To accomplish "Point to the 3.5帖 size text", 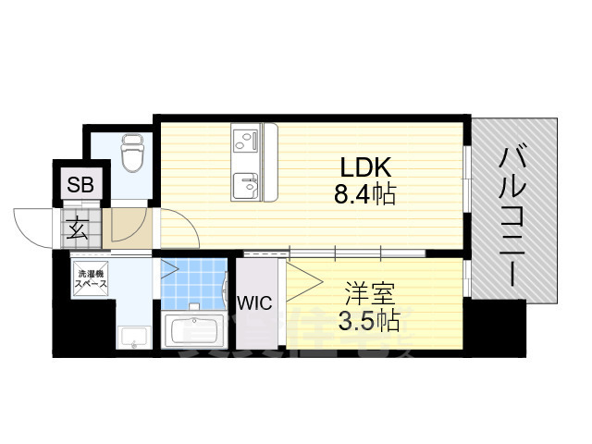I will point(370,322).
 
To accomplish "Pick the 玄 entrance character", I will point(79,228).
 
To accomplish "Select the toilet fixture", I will point(132,154).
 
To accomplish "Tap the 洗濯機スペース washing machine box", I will point(92,279).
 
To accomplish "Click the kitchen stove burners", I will point(245,141).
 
